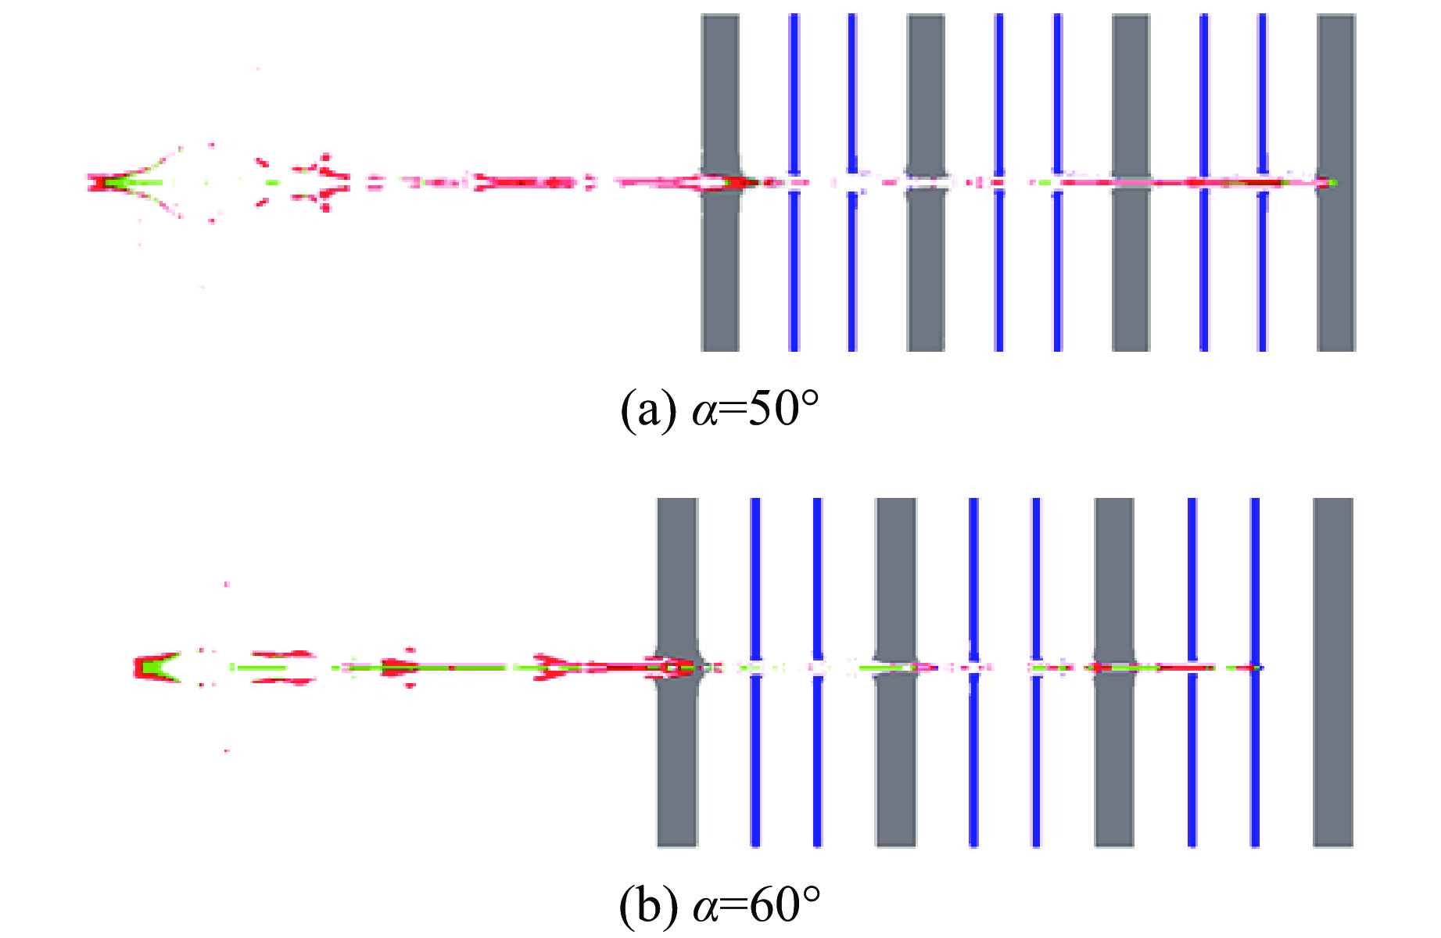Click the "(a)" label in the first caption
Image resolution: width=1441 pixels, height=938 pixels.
(x=648, y=409)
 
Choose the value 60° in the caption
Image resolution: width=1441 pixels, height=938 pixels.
(x=784, y=904)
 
